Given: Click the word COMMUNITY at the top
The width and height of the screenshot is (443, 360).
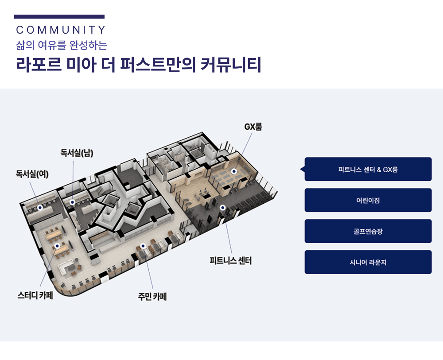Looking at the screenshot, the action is [61, 30].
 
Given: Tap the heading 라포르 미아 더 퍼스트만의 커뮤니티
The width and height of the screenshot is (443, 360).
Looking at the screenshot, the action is [138, 65].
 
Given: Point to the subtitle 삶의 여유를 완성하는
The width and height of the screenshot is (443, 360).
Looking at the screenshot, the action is [62, 45].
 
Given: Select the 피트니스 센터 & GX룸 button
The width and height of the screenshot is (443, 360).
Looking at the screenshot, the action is [368, 169].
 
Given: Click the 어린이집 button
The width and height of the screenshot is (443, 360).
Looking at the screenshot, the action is [368, 200].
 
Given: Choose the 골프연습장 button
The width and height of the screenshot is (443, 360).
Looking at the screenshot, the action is [368, 231].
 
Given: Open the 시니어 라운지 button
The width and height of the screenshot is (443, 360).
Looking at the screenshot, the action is [368, 262].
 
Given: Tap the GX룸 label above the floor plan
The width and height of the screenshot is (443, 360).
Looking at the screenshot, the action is [253, 127].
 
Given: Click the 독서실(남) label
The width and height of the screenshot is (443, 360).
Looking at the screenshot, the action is [77, 153].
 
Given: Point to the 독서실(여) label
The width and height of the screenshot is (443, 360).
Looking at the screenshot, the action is [32, 174].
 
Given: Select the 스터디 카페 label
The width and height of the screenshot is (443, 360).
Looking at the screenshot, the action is [35, 295].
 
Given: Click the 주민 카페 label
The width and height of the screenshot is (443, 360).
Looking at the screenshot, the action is [152, 297].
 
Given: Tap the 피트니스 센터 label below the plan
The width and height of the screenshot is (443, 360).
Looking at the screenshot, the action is [230, 261].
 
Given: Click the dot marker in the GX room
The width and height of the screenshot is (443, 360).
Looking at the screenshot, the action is [234, 171].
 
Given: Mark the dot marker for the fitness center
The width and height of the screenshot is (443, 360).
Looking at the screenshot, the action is [222, 207].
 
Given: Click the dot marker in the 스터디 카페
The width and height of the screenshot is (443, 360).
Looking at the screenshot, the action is [57, 245].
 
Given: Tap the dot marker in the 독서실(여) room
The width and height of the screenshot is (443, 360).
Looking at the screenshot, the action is [40, 207].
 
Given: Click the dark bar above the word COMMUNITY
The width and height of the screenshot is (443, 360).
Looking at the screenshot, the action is [59, 17].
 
